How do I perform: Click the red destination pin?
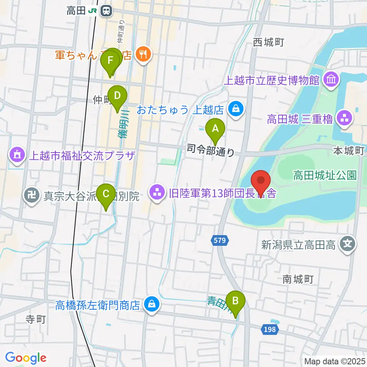[x=261, y=181]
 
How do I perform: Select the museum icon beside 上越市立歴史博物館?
[x=330, y=80]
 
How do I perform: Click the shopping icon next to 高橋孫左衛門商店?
[x=152, y=305]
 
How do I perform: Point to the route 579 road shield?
[x=220, y=240]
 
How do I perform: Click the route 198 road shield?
[x=270, y=329]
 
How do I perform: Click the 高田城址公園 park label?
[x=325, y=175]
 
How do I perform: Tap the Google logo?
[x=26, y=357]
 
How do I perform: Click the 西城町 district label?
[x=269, y=42]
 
